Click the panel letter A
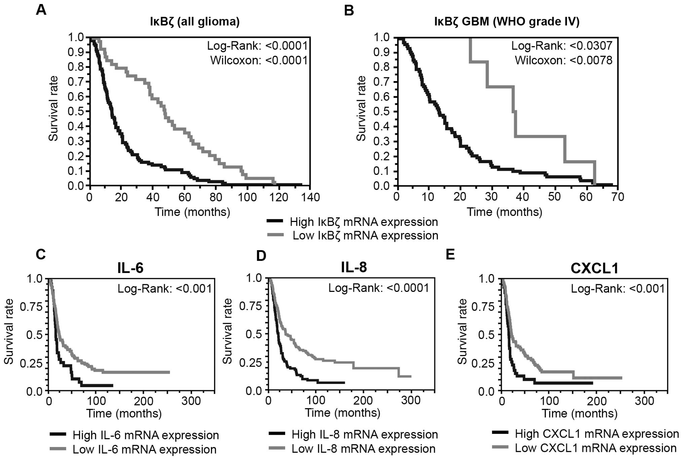tap(41, 10)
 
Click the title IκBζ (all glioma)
tap(195, 22)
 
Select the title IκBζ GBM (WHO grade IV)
tap(507, 22)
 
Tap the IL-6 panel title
tap(130, 268)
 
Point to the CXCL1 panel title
tap(594, 268)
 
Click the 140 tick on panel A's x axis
tap(309, 197)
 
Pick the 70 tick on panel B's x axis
tap(617, 197)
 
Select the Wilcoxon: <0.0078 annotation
tap(564, 61)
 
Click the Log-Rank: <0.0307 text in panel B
tap(562, 46)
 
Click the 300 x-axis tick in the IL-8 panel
tap(411, 400)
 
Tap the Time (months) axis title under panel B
tap(504, 212)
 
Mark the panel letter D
tap(261, 256)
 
